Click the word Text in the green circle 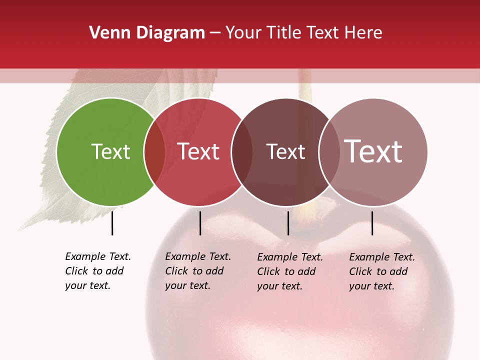pyautogui.click(x=110, y=151)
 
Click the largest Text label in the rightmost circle pyautogui.click(x=373, y=151)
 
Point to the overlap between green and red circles pyautogui.click(x=154, y=151)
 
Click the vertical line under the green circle pyautogui.click(x=112, y=223)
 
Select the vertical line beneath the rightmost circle pyautogui.click(x=372, y=223)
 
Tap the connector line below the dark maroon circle pyautogui.click(x=288, y=223)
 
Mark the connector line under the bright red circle pyautogui.click(x=200, y=223)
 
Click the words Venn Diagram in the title pyautogui.click(x=147, y=33)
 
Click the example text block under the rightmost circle pyautogui.click(x=381, y=271)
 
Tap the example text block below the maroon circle pyautogui.click(x=289, y=271)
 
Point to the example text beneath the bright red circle pyautogui.click(x=197, y=271)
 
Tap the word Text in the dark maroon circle pyautogui.click(x=285, y=151)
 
